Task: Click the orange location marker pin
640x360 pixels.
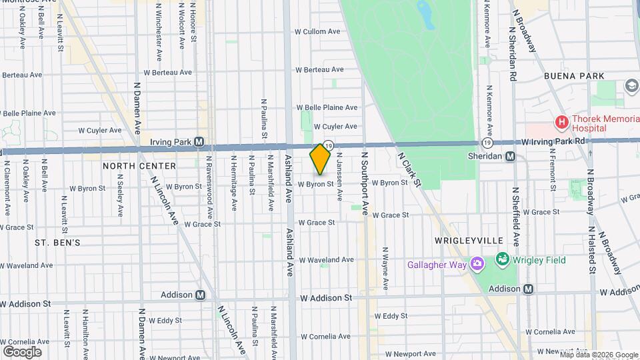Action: pyautogui.click(x=320, y=159)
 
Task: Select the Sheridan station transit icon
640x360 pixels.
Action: pyautogui.click(x=510, y=157)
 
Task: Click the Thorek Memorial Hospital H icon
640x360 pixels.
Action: pyautogui.click(x=562, y=123)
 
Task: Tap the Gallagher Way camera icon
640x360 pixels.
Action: pyautogui.click(x=477, y=264)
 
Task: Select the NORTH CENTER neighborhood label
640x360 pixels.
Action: pyautogui.click(x=140, y=165)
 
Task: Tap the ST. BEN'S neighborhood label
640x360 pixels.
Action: pyautogui.click(x=57, y=243)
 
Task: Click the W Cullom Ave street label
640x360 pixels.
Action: pyautogui.click(x=318, y=31)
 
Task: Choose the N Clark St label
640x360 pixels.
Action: pyautogui.click(x=411, y=170)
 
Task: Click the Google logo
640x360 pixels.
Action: pyautogui.click(x=22, y=351)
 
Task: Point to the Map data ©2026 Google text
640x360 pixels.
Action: pyautogui.click(x=599, y=355)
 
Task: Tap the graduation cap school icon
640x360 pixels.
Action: pyautogui.click(x=631, y=86)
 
